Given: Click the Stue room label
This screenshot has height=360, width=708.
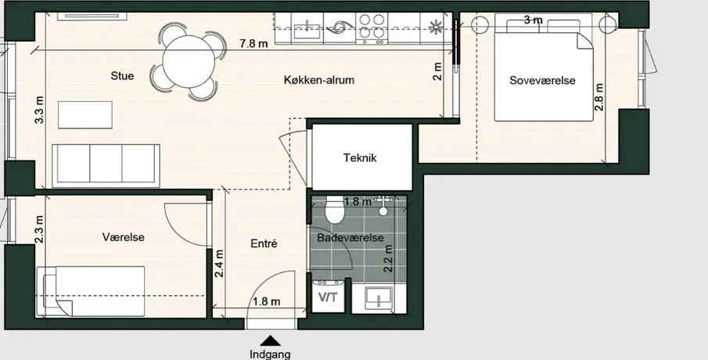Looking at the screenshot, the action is pyautogui.click(x=122, y=75).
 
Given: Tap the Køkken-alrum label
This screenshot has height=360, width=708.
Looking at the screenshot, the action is pyautogui.click(x=318, y=80).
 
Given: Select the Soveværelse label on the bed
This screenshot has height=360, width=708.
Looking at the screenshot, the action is pyautogui.click(x=542, y=81).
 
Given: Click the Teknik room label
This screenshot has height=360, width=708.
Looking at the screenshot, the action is pyautogui.click(x=360, y=158).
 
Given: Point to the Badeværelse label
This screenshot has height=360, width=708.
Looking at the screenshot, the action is pyautogui.click(x=350, y=238).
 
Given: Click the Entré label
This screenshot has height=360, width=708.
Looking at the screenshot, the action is pyautogui.click(x=264, y=243).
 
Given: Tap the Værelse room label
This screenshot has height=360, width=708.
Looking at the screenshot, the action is pyautogui.click(x=124, y=236).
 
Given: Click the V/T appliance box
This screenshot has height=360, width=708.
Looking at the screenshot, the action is pyautogui.click(x=329, y=296).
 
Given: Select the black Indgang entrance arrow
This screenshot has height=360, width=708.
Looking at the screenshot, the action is pyautogui.click(x=270, y=340).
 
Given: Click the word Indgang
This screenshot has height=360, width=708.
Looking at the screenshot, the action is pyautogui.click(x=270, y=354).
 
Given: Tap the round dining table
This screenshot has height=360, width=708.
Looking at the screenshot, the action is pyautogui.click(x=189, y=61).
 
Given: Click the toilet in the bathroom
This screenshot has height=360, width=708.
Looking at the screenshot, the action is pyautogui.click(x=335, y=210).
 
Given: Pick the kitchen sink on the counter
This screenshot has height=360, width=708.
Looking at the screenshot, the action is pyautogui.click(x=307, y=28).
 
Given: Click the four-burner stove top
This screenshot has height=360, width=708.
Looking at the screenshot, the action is pyautogui.click(x=372, y=28).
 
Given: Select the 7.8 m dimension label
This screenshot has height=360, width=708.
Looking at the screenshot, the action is pyautogui.click(x=253, y=43).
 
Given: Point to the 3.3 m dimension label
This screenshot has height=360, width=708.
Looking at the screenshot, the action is pyautogui.click(x=40, y=110).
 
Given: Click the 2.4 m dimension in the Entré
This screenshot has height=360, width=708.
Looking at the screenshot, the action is pyautogui.click(x=220, y=264).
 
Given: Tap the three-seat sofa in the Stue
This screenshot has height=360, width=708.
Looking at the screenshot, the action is pyautogui.click(x=106, y=165).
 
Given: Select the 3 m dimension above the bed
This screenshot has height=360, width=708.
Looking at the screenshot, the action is pyautogui.click(x=534, y=20).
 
